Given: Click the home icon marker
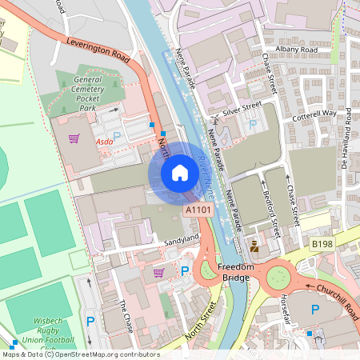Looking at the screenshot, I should click(x=180, y=173).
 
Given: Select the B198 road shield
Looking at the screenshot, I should click(x=322, y=242).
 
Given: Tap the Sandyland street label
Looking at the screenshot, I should click(x=181, y=239).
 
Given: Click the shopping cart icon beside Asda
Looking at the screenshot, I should click(x=74, y=138).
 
